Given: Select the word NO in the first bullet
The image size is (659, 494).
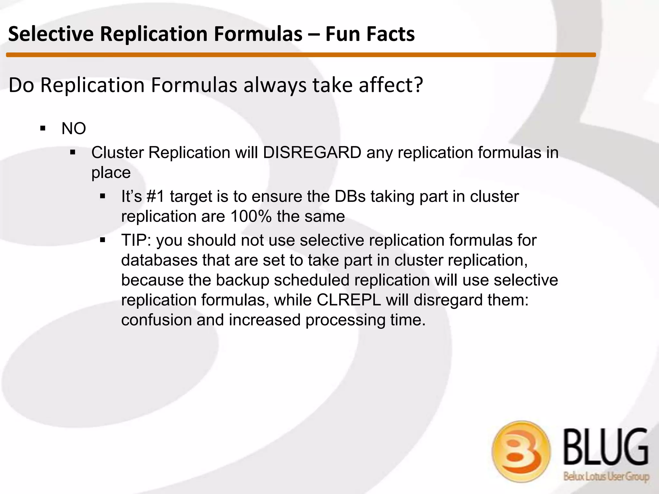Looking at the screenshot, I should (74, 129).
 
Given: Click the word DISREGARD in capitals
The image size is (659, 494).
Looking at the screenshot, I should (312, 152).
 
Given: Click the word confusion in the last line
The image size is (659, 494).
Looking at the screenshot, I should (156, 320).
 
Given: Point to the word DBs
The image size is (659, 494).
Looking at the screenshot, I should (350, 197).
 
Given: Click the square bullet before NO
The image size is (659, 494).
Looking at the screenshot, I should (43, 129).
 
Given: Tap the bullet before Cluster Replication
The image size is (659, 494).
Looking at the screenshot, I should (73, 152).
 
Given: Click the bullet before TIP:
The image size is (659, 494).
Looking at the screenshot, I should (103, 240).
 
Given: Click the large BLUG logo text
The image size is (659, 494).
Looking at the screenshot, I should (606, 447).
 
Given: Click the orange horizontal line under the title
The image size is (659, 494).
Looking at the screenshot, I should (301, 55).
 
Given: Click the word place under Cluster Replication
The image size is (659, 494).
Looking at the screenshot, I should (111, 173).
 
